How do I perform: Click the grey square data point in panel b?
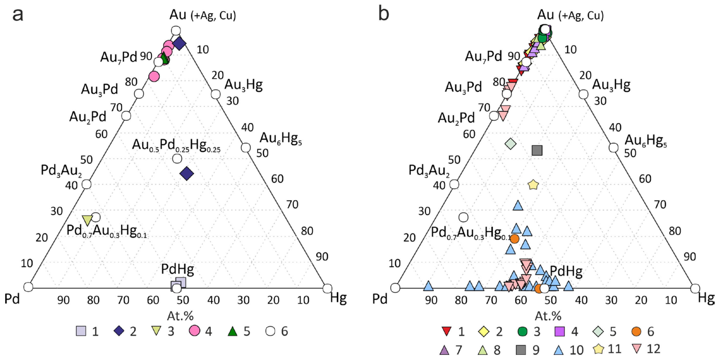537,151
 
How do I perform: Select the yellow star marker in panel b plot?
533,185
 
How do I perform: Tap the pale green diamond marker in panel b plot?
510,144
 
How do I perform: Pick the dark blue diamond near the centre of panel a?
187,174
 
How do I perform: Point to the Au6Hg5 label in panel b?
645,140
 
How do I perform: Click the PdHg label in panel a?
178,269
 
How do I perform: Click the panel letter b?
383,14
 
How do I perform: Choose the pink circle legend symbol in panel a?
194,331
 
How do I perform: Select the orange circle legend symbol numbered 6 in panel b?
636,331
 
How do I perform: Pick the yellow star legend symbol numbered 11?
598,349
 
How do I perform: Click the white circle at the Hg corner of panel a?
327,288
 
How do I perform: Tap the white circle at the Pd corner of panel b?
395,288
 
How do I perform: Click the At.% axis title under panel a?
180,316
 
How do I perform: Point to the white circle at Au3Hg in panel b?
583,95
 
